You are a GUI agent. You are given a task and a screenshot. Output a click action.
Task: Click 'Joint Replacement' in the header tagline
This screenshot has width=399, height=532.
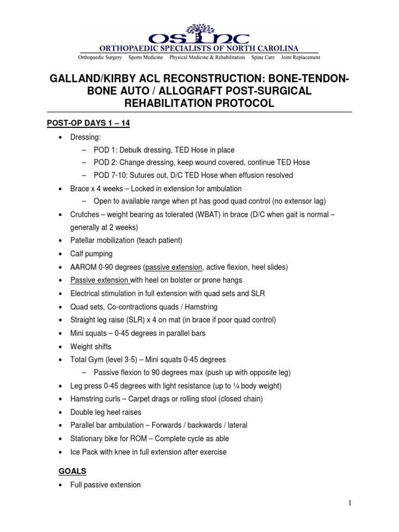300,57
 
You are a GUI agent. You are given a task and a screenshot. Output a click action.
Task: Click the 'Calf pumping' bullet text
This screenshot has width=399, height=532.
91,254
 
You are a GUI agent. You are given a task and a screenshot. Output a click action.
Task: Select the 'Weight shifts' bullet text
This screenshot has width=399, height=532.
91,347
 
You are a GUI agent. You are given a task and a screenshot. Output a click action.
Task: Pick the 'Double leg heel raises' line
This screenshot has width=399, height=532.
106,412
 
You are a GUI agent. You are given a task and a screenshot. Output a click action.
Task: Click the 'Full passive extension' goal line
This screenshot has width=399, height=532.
105,485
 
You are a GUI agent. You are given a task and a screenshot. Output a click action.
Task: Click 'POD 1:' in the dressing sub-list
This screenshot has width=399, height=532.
104,150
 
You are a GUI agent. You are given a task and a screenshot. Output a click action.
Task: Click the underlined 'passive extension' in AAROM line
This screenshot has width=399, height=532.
174,267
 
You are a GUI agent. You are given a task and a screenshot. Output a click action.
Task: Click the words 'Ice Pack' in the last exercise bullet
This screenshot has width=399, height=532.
85,452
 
